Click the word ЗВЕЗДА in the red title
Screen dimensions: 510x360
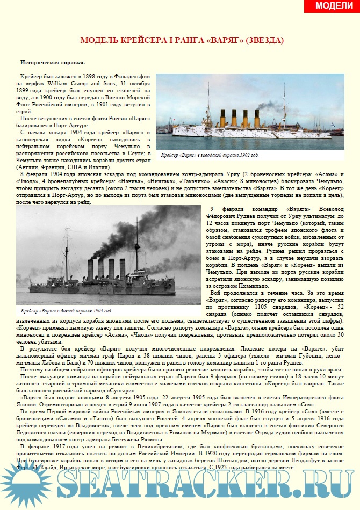pyautogui.click(x=264, y=40)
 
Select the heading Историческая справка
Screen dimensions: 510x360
pyautogui.click(x=52, y=62)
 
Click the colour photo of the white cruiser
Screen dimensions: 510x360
pyautogui.click(x=250, y=111)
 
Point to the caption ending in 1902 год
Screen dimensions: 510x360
pyautogui.click(x=210, y=155)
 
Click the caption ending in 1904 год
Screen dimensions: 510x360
pyautogui.click(x=66, y=311)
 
